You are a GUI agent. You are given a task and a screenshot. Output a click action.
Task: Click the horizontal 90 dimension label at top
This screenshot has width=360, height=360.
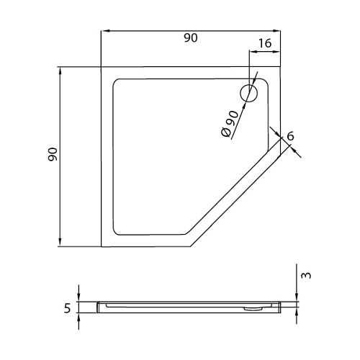pyautogui.click(x=191, y=38)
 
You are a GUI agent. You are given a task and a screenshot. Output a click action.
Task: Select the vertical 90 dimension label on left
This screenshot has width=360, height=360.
pyautogui.click(x=53, y=154)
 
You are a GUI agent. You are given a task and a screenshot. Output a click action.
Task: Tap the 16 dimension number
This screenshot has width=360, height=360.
pyautogui.click(x=265, y=43)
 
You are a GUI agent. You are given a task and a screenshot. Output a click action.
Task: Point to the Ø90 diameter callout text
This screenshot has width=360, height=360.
pyautogui.click(x=230, y=124)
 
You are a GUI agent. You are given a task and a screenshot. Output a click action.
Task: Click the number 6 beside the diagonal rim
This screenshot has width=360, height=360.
pyautogui.click(x=290, y=136)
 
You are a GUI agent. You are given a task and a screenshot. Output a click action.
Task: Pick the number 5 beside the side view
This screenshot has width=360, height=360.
pyautogui.click(x=68, y=308)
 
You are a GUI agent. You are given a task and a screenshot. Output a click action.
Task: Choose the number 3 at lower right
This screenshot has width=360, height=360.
pyautogui.click(x=306, y=275)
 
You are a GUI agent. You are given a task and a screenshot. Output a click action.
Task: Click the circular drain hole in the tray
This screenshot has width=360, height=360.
pyautogui.click(x=249, y=94)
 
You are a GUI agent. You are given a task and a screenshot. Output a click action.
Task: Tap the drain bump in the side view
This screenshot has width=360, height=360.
pyautogui.click(x=251, y=309)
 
